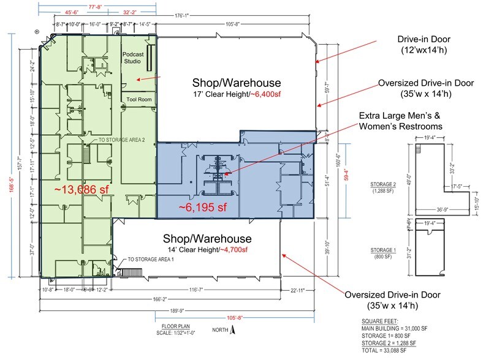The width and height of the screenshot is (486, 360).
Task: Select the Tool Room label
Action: click(x=139, y=99)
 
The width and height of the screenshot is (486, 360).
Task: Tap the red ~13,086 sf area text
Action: click(x=82, y=189)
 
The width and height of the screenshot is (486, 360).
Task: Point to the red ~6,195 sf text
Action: click(x=203, y=208)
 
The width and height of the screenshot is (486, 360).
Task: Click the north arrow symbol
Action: click(x=233, y=331)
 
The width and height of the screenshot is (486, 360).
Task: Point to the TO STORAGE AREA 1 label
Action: click(x=150, y=260)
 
